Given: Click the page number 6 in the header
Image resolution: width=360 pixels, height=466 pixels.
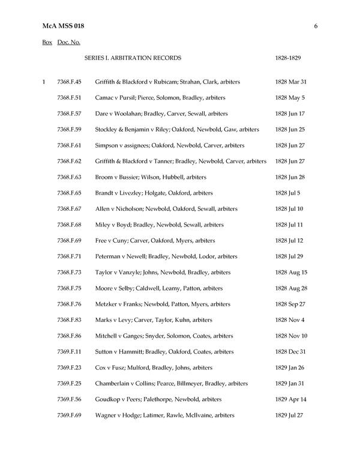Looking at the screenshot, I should (315, 26).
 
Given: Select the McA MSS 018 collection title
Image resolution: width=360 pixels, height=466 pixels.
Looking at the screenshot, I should (64, 26).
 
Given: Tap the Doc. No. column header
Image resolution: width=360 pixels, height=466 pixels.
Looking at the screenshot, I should (69, 43).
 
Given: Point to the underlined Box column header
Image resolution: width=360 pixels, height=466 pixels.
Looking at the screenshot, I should (47, 43).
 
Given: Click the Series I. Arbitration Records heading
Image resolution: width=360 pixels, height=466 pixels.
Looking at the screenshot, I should (133, 58).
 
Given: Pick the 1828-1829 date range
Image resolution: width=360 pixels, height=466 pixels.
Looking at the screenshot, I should (287, 58).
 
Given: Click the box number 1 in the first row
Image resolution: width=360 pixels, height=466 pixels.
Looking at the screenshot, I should (44, 82).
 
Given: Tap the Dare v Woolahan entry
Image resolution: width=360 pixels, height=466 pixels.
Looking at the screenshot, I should (161, 113).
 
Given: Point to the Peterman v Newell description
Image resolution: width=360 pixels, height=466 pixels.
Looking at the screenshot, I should (166, 256).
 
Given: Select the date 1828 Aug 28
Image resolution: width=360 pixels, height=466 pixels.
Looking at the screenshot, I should (291, 288).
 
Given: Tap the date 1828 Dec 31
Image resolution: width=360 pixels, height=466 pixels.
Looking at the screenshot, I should (291, 352).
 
